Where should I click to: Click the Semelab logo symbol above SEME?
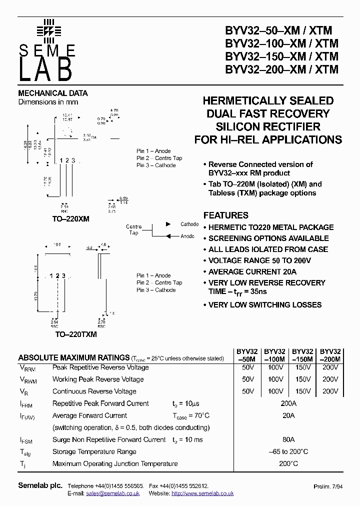[x=48, y=30]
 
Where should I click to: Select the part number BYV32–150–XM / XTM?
[x=281, y=56]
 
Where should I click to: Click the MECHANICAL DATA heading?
[x=53, y=93]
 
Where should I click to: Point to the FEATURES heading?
[x=225, y=215]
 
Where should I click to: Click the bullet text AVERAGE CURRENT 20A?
[x=252, y=271]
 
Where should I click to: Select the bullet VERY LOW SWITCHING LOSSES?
[x=264, y=304]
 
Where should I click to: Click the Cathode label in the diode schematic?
[x=189, y=224]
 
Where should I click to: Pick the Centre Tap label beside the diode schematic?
[x=134, y=230]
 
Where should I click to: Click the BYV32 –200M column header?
[x=330, y=355]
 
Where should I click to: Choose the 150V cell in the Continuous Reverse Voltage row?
[x=302, y=391]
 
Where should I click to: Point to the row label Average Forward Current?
[x=89, y=415]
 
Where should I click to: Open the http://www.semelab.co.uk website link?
[x=202, y=493]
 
